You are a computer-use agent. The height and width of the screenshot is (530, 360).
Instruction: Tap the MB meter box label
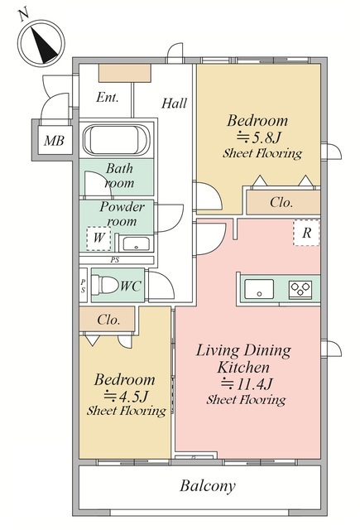tap(54, 140)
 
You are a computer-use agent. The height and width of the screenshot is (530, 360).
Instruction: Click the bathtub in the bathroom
tap(117, 140)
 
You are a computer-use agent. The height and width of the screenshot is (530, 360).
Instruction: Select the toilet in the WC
tap(105, 285)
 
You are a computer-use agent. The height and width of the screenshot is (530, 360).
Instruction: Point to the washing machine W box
tap(98, 238)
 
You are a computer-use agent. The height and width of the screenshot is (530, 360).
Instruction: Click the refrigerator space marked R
tap(306, 233)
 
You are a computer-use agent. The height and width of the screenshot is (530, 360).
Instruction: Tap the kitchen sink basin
tap(259, 289)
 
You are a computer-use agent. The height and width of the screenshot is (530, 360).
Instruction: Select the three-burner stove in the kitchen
tap(300, 289)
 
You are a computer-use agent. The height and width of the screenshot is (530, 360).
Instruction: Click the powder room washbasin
tap(136, 243)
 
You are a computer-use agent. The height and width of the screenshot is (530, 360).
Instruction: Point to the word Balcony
tap(208, 486)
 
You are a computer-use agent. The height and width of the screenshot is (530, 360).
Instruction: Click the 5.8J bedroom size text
tap(259, 137)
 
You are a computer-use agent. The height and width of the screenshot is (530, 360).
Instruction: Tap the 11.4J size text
tap(247, 383)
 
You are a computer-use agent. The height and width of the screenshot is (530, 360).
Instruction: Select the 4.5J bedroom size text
tap(126, 395)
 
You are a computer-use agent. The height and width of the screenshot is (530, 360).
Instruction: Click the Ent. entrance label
tap(108, 98)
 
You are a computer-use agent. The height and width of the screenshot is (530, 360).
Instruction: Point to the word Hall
tap(175, 103)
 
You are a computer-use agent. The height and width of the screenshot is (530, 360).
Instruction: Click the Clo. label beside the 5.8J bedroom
tap(281, 202)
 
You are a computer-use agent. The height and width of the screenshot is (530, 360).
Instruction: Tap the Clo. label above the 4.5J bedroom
tap(108, 320)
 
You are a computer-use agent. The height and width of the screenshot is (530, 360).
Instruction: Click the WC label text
tap(131, 287)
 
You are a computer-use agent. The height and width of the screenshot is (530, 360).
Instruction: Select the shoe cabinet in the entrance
tap(125, 73)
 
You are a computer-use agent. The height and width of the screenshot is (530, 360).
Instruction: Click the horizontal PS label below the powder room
tap(115, 260)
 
